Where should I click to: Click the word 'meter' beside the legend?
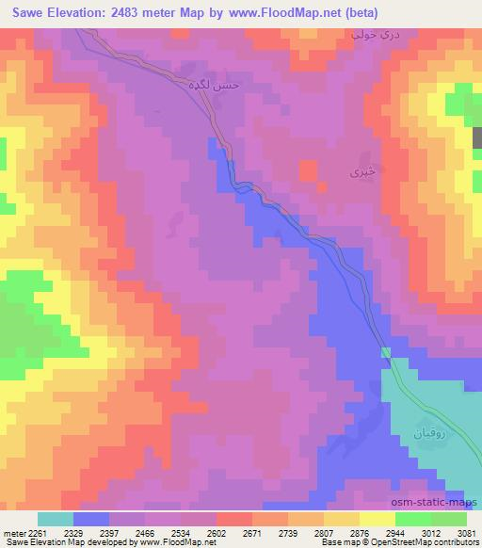click(x=12, y=531)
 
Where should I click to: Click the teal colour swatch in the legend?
click(x=56, y=519)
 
